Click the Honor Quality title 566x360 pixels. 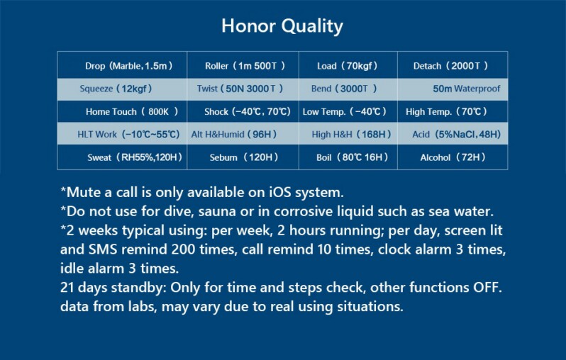pos(282,27)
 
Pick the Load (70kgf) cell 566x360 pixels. pos(347,66)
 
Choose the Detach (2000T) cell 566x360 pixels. pos(451,66)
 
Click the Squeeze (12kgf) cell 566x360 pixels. pos(116,89)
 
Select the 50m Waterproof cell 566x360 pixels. pos(466,89)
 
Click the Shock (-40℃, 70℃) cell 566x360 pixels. pos(248,111)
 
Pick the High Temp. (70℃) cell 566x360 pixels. pos(448,111)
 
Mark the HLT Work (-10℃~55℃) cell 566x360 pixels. pos(128,134)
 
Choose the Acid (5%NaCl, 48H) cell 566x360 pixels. pos(456,134)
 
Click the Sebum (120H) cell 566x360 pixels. pos(243,157)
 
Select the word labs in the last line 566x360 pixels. pos(150,308)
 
